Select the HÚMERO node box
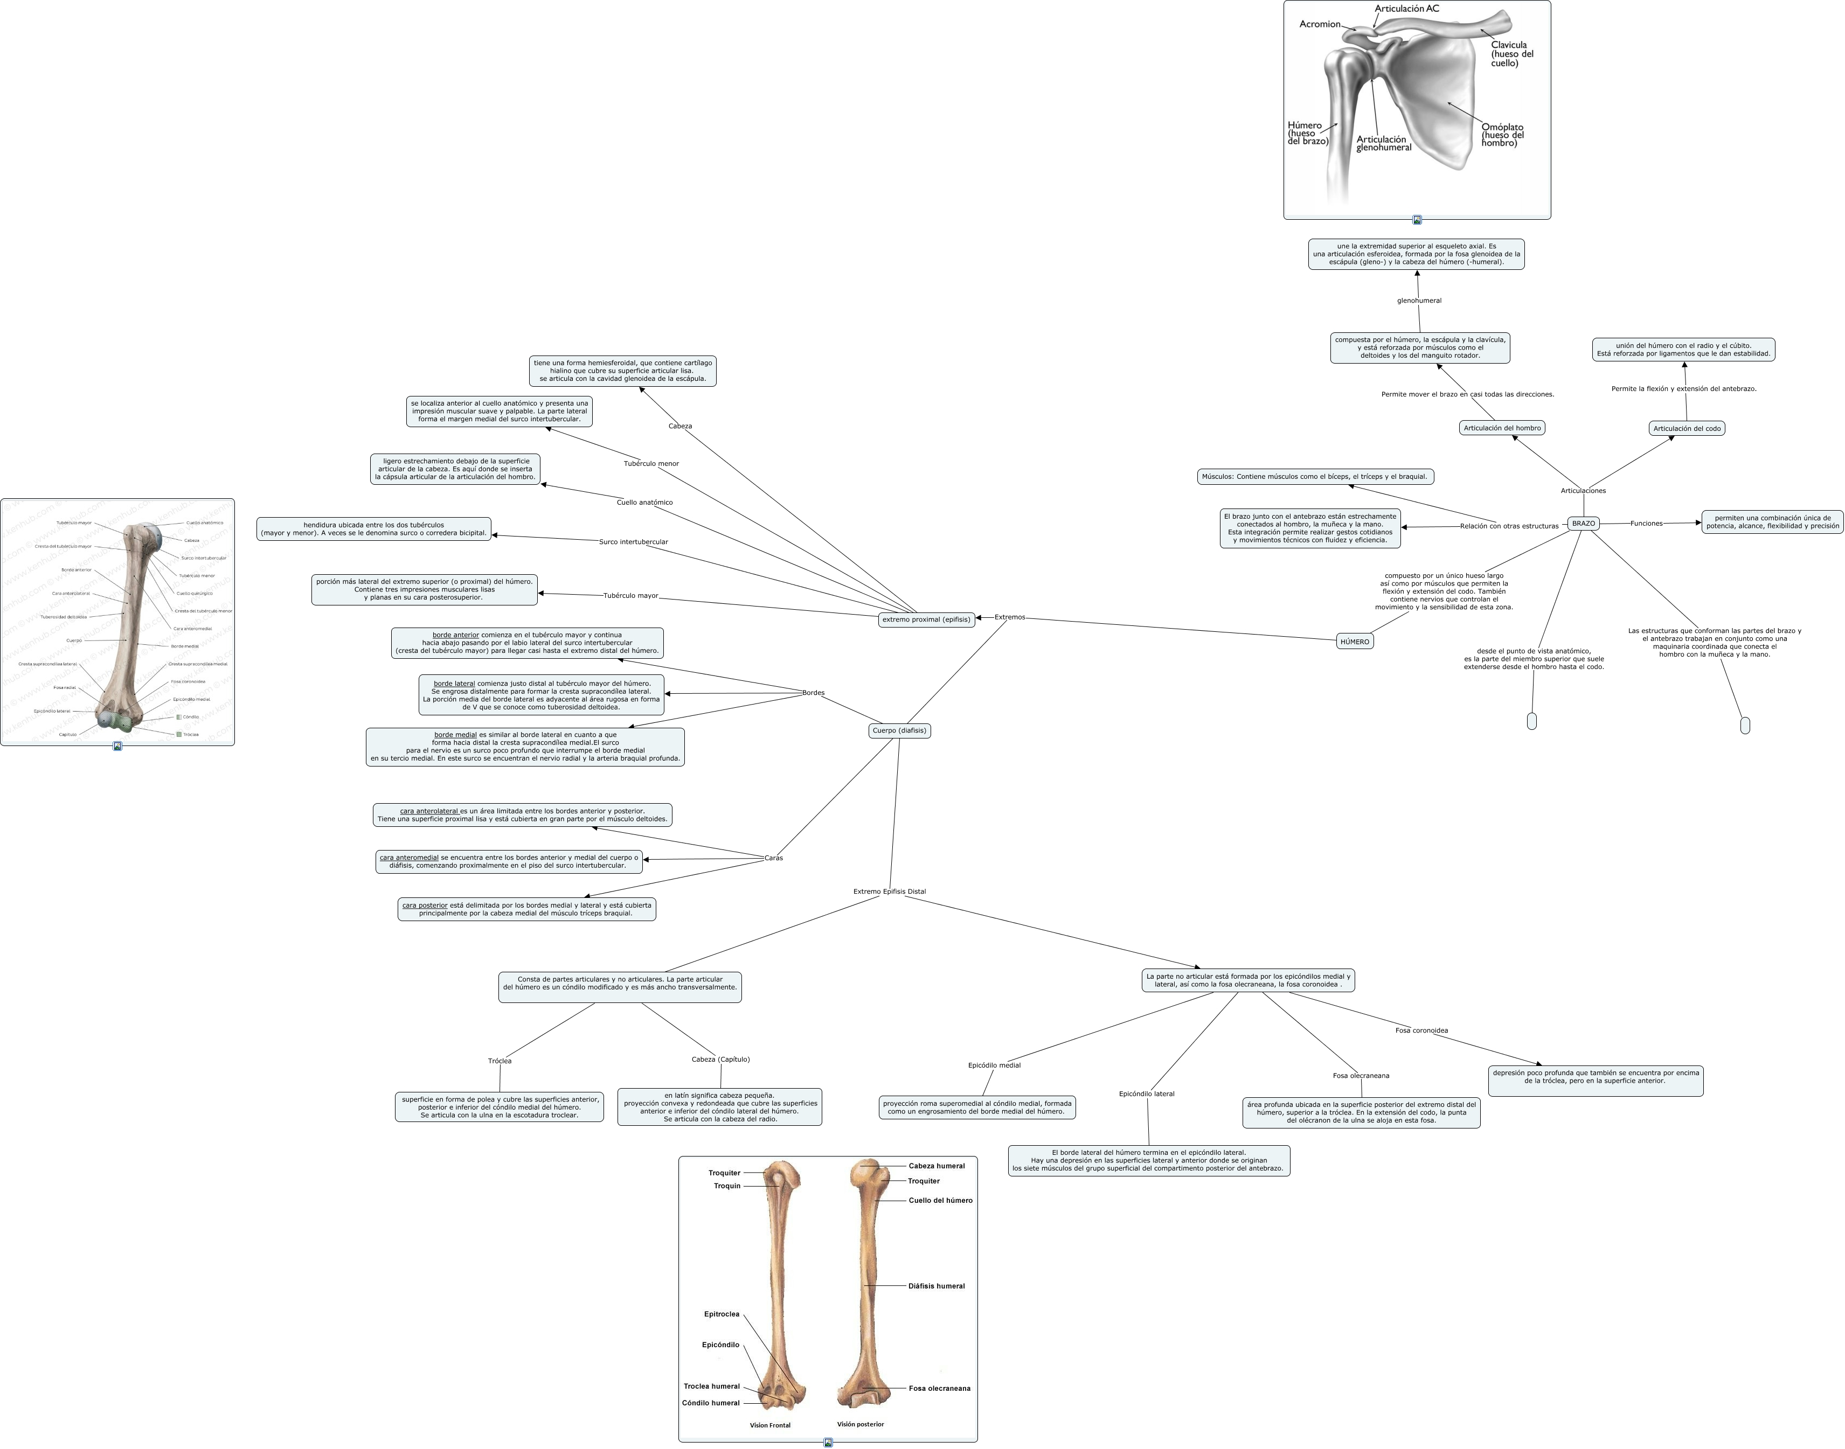(1355, 642)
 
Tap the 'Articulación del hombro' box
(1502, 428)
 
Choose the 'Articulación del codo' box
(1687, 428)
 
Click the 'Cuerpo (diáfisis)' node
(899, 730)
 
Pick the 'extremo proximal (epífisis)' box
(926, 619)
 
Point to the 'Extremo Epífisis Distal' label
(890, 891)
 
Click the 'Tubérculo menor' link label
(651, 464)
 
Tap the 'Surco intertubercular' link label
(633, 542)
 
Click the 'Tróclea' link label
(500, 1061)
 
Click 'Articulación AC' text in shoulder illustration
(1406, 9)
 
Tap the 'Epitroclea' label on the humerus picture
(722, 1315)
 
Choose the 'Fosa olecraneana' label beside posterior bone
(939, 1389)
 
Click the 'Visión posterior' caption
(859, 1424)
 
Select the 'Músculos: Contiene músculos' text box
(1315, 477)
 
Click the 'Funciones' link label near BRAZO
(1646, 524)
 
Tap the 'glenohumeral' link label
(1419, 301)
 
